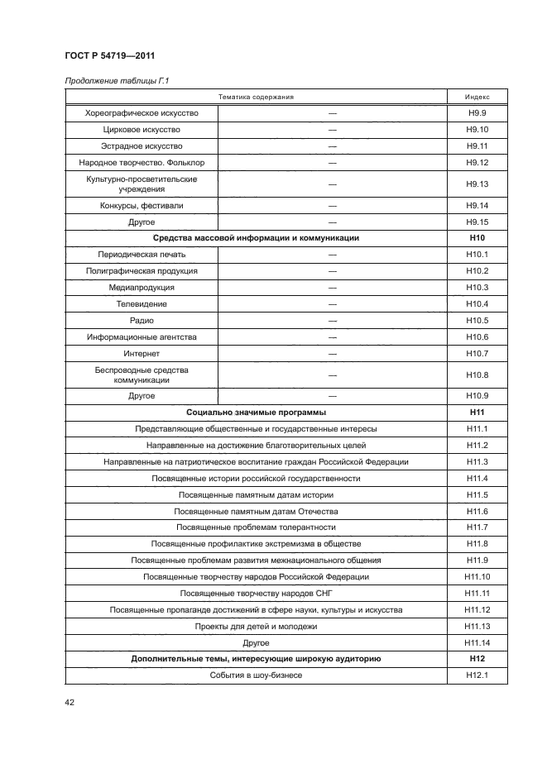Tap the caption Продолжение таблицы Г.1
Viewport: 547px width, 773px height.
click(x=113, y=79)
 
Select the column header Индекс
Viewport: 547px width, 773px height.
click(x=477, y=97)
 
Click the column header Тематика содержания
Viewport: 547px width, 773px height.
click(x=256, y=97)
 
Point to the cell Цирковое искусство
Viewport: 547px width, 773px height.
click(x=141, y=130)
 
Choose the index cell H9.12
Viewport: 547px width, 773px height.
click(x=477, y=162)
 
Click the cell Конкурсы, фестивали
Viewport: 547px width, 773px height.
click(x=141, y=205)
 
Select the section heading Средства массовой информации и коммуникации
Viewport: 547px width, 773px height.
click(x=256, y=238)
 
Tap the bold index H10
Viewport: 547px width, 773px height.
click(x=477, y=238)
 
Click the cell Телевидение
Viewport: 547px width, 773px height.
click(x=141, y=304)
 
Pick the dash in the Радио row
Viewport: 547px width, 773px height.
click(x=333, y=321)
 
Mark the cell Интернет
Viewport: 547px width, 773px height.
click(x=141, y=354)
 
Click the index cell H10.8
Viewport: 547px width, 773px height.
click(x=477, y=375)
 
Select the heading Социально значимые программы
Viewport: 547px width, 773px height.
click(x=256, y=412)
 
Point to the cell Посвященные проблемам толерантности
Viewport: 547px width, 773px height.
click(x=256, y=527)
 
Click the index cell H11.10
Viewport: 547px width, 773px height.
click(x=477, y=576)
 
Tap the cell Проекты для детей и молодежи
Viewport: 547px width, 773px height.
click(x=256, y=626)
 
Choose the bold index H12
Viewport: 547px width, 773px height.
click(x=477, y=659)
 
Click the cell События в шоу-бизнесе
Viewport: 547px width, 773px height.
click(x=256, y=675)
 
